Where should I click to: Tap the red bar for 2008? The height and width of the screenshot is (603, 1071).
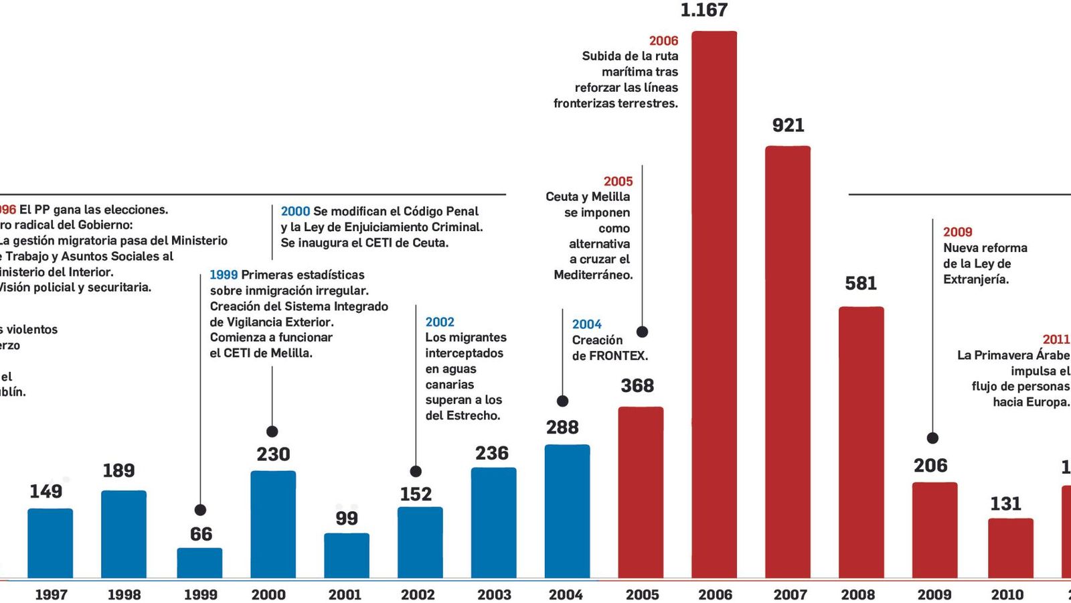point(861,442)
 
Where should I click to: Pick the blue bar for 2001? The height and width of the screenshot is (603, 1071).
point(347,555)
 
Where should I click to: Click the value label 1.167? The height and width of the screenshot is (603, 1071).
point(704,10)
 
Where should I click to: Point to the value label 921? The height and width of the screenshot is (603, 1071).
point(788,125)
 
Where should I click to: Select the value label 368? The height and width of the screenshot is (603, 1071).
point(637,386)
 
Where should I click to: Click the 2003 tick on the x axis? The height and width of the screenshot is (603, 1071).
point(494,594)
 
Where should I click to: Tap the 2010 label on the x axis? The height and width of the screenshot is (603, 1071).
point(1007,594)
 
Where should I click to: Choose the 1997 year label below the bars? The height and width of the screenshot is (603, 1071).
point(51,594)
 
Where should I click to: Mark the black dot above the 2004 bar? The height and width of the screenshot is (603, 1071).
point(562,401)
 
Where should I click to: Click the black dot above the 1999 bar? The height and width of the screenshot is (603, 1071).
point(199,510)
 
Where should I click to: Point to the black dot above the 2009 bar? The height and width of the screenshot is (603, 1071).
point(932,438)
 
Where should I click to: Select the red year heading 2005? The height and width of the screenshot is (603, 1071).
point(618,182)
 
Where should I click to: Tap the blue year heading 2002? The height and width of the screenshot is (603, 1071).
point(440,322)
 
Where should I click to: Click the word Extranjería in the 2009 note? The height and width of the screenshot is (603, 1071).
point(975,279)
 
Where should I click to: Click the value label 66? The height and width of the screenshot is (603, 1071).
point(201,534)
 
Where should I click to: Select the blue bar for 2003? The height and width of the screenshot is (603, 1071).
point(493,523)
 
